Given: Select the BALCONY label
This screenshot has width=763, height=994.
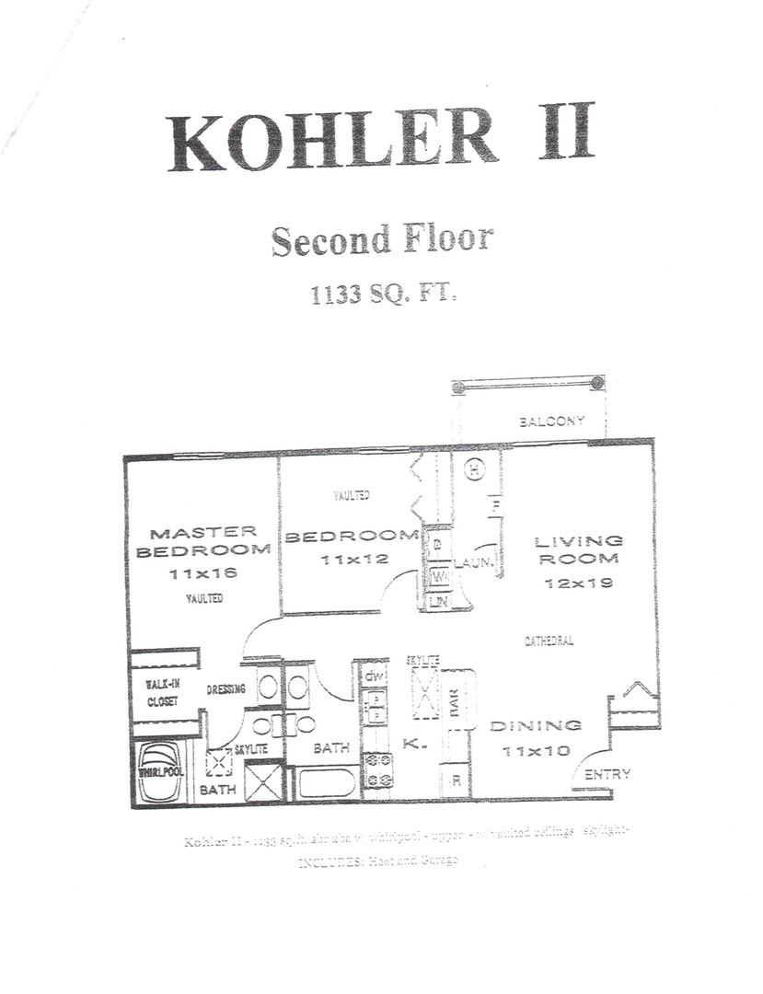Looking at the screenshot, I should pyautogui.click(x=551, y=422).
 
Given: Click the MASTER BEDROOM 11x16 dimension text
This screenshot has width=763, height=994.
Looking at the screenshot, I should pyautogui.click(x=203, y=572).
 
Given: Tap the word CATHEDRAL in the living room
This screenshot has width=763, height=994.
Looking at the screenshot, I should pyautogui.click(x=549, y=641).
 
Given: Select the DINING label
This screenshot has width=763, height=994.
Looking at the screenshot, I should pyautogui.click(x=535, y=725).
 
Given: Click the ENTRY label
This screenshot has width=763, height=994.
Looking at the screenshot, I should pyautogui.click(x=607, y=774).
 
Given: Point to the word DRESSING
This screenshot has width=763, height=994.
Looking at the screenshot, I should pyautogui.click(x=225, y=688).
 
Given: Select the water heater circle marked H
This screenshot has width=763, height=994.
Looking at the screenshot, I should pyautogui.click(x=474, y=471).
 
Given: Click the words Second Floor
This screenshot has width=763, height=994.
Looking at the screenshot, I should pyautogui.click(x=381, y=239).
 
